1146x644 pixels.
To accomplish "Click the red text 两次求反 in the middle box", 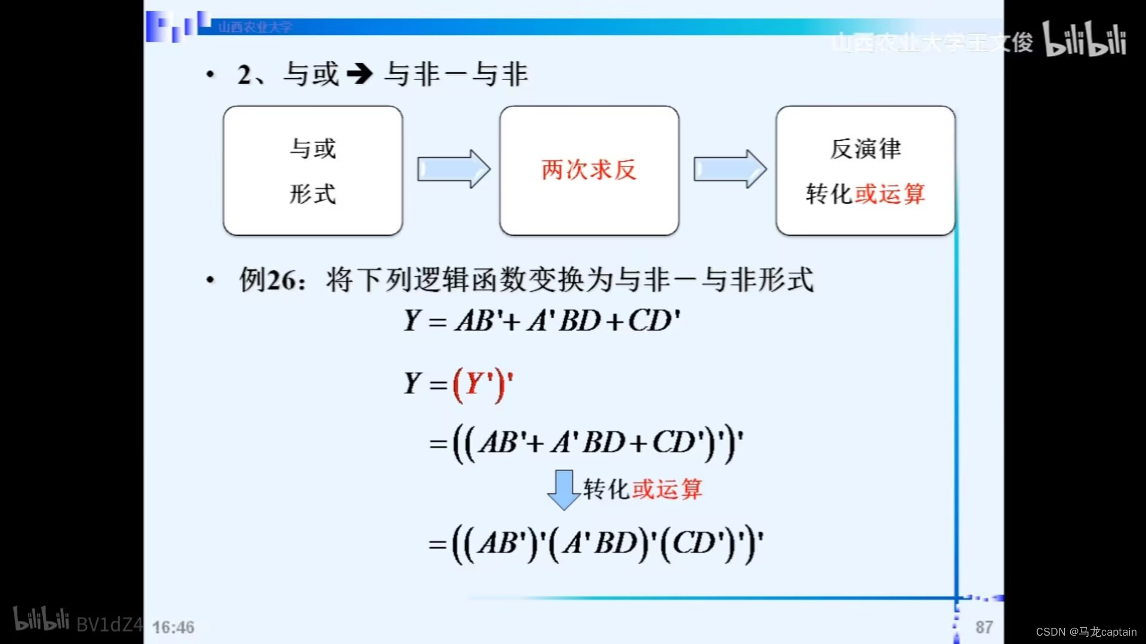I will pyautogui.click(x=589, y=170).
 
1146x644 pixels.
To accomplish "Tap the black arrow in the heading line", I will pyautogui.click(x=360, y=74).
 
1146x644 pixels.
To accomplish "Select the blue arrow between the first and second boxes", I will pyautogui.click(x=453, y=169).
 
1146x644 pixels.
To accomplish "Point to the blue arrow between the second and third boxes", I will pyautogui.click(x=729, y=169).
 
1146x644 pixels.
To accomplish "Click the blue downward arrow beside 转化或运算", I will pyautogui.click(x=563, y=489).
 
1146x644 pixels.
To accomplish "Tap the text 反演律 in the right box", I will pyautogui.click(x=865, y=149).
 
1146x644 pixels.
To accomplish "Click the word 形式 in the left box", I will pyautogui.click(x=313, y=194).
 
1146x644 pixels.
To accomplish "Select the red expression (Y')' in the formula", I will pyautogui.click(x=483, y=384).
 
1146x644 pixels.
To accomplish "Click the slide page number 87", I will pyautogui.click(x=984, y=627).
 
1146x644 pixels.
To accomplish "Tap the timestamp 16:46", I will pyautogui.click(x=173, y=627).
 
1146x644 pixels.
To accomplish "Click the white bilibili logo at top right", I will pyautogui.click(x=1085, y=39).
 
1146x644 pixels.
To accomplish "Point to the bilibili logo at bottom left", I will pyautogui.click(x=41, y=620).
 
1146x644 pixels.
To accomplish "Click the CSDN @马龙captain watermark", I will pyautogui.click(x=1086, y=632).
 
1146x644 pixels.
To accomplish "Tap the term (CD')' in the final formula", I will pyautogui.click(x=701, y=544).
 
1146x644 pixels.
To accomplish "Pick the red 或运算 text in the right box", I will pyautogui.click(x=890, y=194).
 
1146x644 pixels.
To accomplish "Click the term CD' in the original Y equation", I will pyautogui.click(x=654, y=321).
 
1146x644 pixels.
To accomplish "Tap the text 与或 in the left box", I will pyautogui.click(x=313, y=149).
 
